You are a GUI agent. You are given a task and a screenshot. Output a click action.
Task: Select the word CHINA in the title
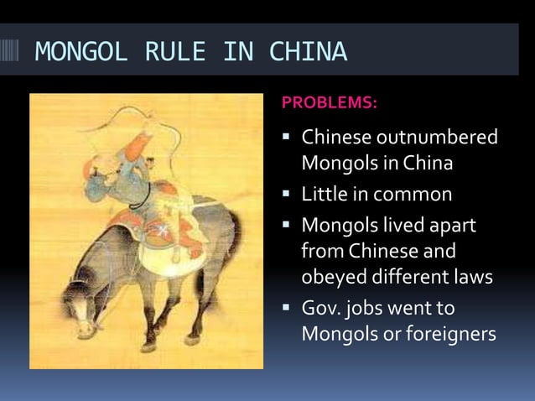click(x=308, y=52)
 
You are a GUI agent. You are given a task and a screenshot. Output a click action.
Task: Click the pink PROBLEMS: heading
click(x=330, y=103)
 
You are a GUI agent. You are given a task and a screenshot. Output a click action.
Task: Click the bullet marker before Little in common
click(x=288, y=195)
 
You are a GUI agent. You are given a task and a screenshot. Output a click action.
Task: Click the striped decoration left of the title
click(x=14, y=52)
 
